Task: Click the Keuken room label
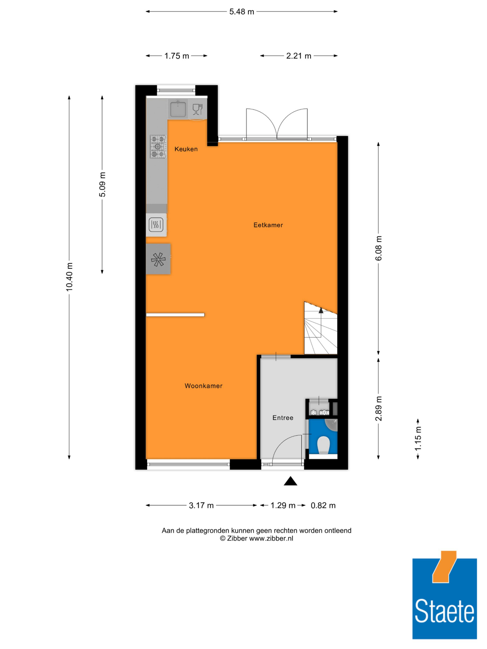coord(186,149)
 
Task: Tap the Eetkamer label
coord(268,225)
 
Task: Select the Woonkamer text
coord(203,386)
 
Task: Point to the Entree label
coord(283,418)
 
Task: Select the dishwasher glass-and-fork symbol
coord(197,110)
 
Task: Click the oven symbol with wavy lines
coord(156,225)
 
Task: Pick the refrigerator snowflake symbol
coord(158,259)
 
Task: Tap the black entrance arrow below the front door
coord(290,481)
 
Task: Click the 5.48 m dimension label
coord(242,12)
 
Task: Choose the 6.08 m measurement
coord(379,248)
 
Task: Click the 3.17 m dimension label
coord(201,505)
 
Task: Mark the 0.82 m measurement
coord(323,505)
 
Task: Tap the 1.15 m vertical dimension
coord(418,439)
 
